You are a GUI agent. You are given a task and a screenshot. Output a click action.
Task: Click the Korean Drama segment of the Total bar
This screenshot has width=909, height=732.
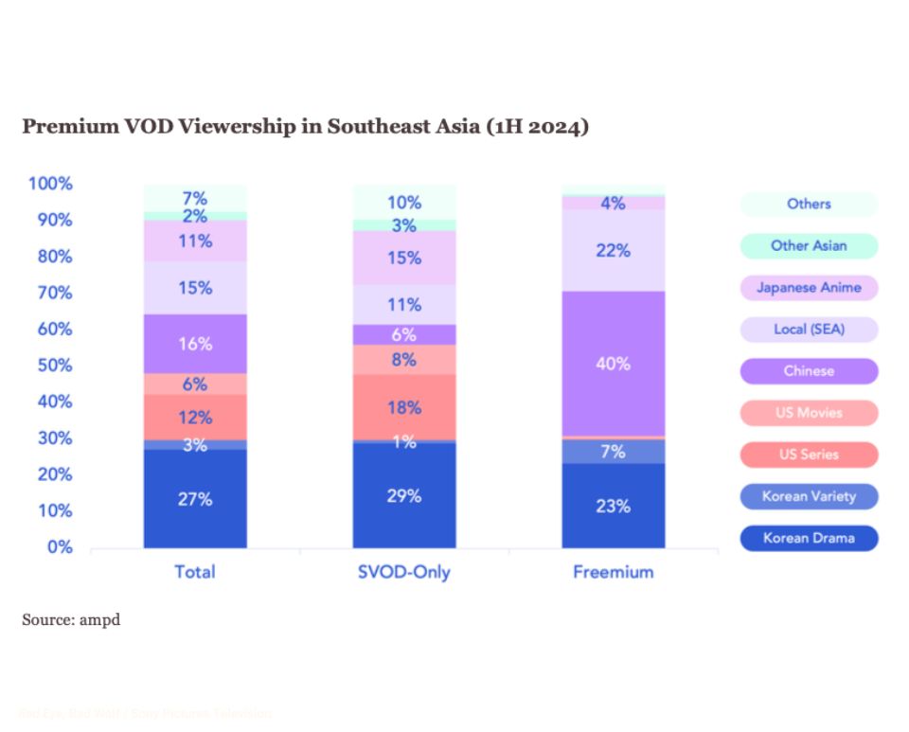click(195, 499)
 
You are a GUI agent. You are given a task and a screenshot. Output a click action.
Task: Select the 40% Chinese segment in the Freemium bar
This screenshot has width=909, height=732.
click(613, 364)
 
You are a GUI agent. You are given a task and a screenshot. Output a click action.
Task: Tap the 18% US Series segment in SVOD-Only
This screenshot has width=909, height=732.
click(404, 408)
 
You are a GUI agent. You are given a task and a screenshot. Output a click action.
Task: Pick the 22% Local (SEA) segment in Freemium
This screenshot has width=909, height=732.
click(613, 250)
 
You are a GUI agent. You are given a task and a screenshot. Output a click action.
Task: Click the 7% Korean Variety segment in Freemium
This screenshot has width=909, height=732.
click(613, 452)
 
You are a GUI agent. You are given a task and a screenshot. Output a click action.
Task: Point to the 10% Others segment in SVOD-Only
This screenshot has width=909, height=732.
click(404, 202)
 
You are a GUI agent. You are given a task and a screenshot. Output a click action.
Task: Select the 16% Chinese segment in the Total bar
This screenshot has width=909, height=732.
click(195, 344)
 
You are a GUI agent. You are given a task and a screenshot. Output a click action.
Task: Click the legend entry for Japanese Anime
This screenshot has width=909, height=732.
click(809, 287)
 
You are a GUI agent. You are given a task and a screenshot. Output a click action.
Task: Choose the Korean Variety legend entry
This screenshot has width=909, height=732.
click(809, 496)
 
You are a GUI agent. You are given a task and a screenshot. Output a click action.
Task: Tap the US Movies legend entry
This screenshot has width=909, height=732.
click(809, 413)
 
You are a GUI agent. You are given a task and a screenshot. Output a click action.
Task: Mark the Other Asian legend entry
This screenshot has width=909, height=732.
click(809, 245)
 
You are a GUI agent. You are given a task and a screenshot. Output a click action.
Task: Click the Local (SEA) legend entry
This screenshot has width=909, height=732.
click(809, 330)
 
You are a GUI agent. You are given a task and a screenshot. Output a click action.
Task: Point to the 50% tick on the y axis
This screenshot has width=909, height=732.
click(54, 366)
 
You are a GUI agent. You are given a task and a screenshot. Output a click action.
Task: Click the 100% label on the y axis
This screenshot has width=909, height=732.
click(50, 184)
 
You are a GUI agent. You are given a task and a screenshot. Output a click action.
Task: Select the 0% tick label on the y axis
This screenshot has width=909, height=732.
click(60, 547)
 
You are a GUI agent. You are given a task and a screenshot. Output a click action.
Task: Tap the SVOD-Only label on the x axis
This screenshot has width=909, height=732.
click(404, 572)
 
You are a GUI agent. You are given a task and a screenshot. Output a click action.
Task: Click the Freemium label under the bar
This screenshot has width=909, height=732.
click(613, 572)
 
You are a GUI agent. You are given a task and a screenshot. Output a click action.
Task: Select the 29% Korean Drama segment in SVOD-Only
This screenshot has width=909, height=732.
click(404, 495)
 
